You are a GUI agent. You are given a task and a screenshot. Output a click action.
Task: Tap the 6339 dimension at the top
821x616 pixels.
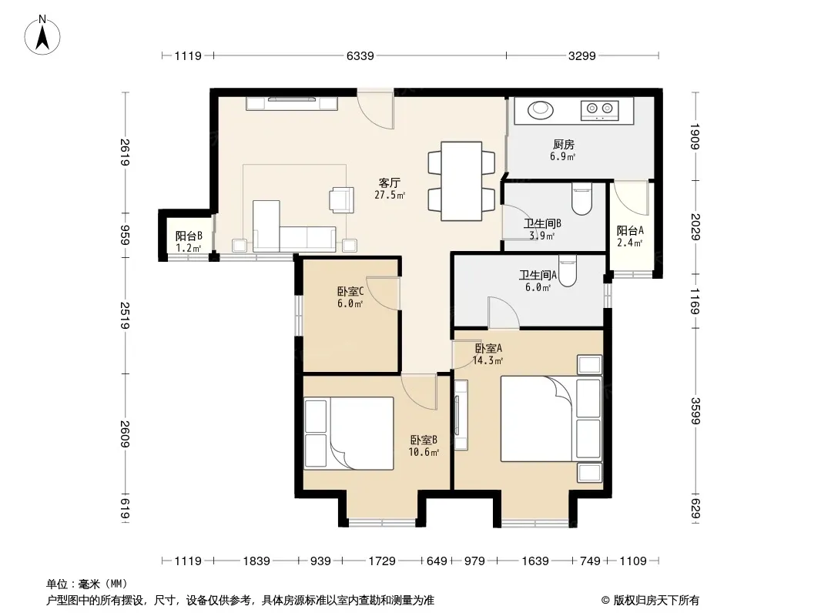[360, 56]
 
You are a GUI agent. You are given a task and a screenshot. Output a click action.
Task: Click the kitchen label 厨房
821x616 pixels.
[564, 145]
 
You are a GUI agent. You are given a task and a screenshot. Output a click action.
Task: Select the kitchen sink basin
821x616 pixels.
[541, 110]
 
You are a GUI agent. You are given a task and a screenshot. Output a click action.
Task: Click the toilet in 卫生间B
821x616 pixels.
[581, 199]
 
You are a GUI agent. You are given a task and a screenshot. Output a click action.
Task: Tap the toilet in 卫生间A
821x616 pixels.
[568, 270]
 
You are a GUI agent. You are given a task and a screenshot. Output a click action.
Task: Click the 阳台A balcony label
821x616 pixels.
[630, 231]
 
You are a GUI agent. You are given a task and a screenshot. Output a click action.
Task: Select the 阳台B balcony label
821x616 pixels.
[189, 236]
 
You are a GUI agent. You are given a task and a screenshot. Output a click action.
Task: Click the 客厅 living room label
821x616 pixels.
[390, 183]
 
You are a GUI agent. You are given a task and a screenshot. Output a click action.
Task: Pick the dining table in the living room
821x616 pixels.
[461, 181]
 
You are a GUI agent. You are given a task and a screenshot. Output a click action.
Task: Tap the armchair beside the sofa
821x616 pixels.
[341, 200]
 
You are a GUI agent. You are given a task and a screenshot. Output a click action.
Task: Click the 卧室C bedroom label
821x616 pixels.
[350, 291]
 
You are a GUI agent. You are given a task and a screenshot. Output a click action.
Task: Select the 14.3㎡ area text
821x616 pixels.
[488, 360]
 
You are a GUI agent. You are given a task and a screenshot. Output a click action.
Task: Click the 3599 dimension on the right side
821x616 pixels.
[695, 411]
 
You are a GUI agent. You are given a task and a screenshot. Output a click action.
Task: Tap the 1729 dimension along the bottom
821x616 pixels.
[382, 561]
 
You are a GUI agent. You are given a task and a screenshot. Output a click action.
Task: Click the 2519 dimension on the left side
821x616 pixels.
[125, 316]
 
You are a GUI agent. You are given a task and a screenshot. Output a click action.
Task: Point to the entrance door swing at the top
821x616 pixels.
[376, 110]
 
